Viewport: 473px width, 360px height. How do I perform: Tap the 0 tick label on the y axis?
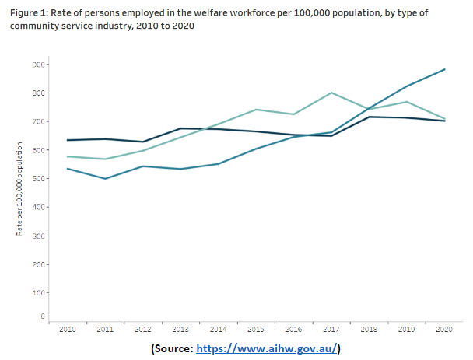41,316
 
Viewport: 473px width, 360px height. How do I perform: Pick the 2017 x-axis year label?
331,330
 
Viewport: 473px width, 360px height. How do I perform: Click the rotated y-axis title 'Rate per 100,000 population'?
19,190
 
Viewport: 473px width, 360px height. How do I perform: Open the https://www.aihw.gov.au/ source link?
268,348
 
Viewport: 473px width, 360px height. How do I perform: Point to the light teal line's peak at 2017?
331,93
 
